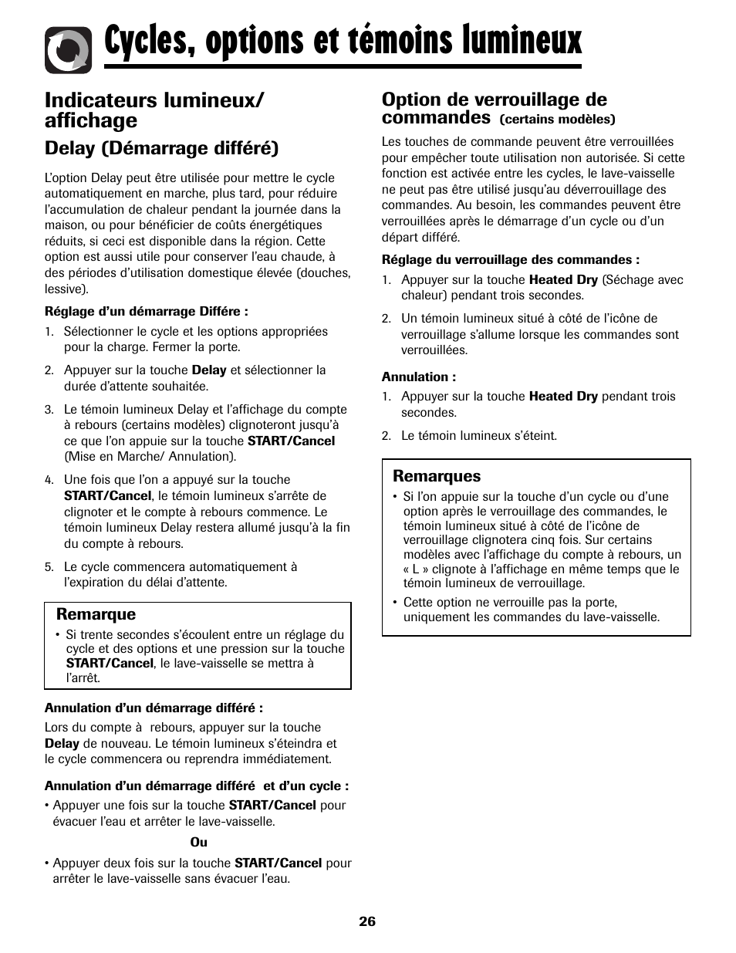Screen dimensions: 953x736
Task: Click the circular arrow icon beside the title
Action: pyautogui.click(x=69, y=50)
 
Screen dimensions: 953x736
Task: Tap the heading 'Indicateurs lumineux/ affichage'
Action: pyautogui.click(x=154, y=110)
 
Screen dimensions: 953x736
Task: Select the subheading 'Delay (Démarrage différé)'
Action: pyautogui.click(x=161, y=147)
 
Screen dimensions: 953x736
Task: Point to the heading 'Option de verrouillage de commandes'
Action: pyautogui.click(x=494, y=108)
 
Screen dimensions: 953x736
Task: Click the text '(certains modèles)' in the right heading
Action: pyautogui.click(x=557, y=120)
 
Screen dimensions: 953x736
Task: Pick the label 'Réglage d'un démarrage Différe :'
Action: pyautogui.click(x=147, y=312)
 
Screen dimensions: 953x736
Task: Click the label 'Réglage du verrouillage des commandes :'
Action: pyautogui.click(x=511, y=260)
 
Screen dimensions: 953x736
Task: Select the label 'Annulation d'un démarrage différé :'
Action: pyautogui.click(x=154, y=708)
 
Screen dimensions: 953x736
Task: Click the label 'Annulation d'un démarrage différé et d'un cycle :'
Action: pyautogui.click(x=197, y=786)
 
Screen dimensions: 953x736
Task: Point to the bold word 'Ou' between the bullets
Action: pyautogui.click(x=199, y=842)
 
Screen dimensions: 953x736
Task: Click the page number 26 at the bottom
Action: pyautogui.click(x=367, y=921)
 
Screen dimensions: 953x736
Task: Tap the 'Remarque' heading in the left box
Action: pyautogui.click(x=96, y=614)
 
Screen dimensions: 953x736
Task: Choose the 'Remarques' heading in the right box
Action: pyautogui.click(x=437, y=476)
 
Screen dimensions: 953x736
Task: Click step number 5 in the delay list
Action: pyautogui.click(x=48, y=567)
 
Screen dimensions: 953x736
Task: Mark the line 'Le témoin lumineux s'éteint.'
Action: pyautogui.click(x=478, y=435)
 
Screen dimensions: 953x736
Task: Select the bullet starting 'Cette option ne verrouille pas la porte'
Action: pyautogui.click(x=532, y=610)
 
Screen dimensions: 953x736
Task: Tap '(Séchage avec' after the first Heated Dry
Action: pyautogui.click(x=643, y=280)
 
